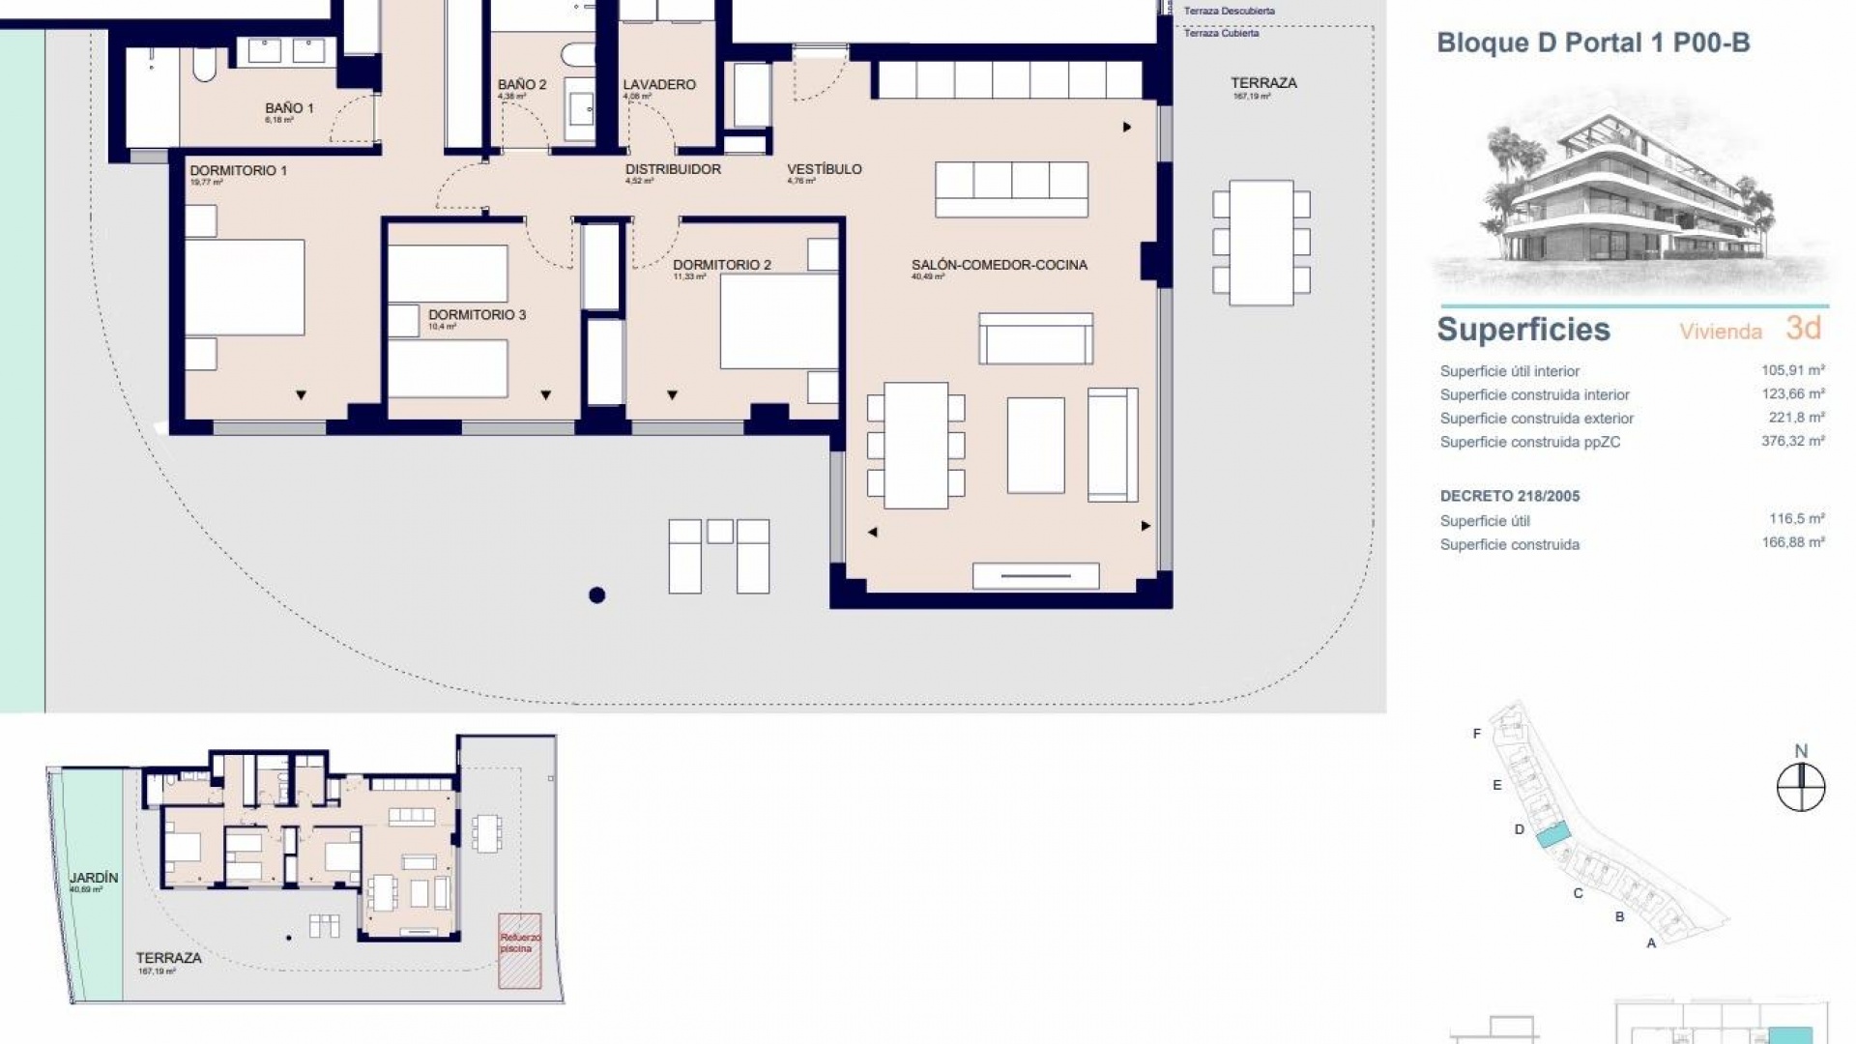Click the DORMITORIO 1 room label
[238, 171]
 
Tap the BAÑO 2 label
[522, 85]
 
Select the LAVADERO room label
[659, 85]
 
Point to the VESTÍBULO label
[824, 169]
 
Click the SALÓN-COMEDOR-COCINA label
[999, 265]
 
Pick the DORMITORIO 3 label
[477, 315]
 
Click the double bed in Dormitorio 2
[778, 321]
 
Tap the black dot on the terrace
[597, 595]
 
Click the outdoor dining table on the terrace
[1261, 243]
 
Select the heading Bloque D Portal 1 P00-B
[1593, 43]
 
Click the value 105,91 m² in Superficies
[1792, 370]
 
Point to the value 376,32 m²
[1792, 442]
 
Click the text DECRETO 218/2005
[1509, 496]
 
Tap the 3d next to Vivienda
[1803, 329]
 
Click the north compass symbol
[1801, 787]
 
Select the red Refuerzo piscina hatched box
[520, 950]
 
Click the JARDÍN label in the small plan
[94, 878]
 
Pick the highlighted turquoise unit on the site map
[1552, 834]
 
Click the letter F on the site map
[1476, 734]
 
